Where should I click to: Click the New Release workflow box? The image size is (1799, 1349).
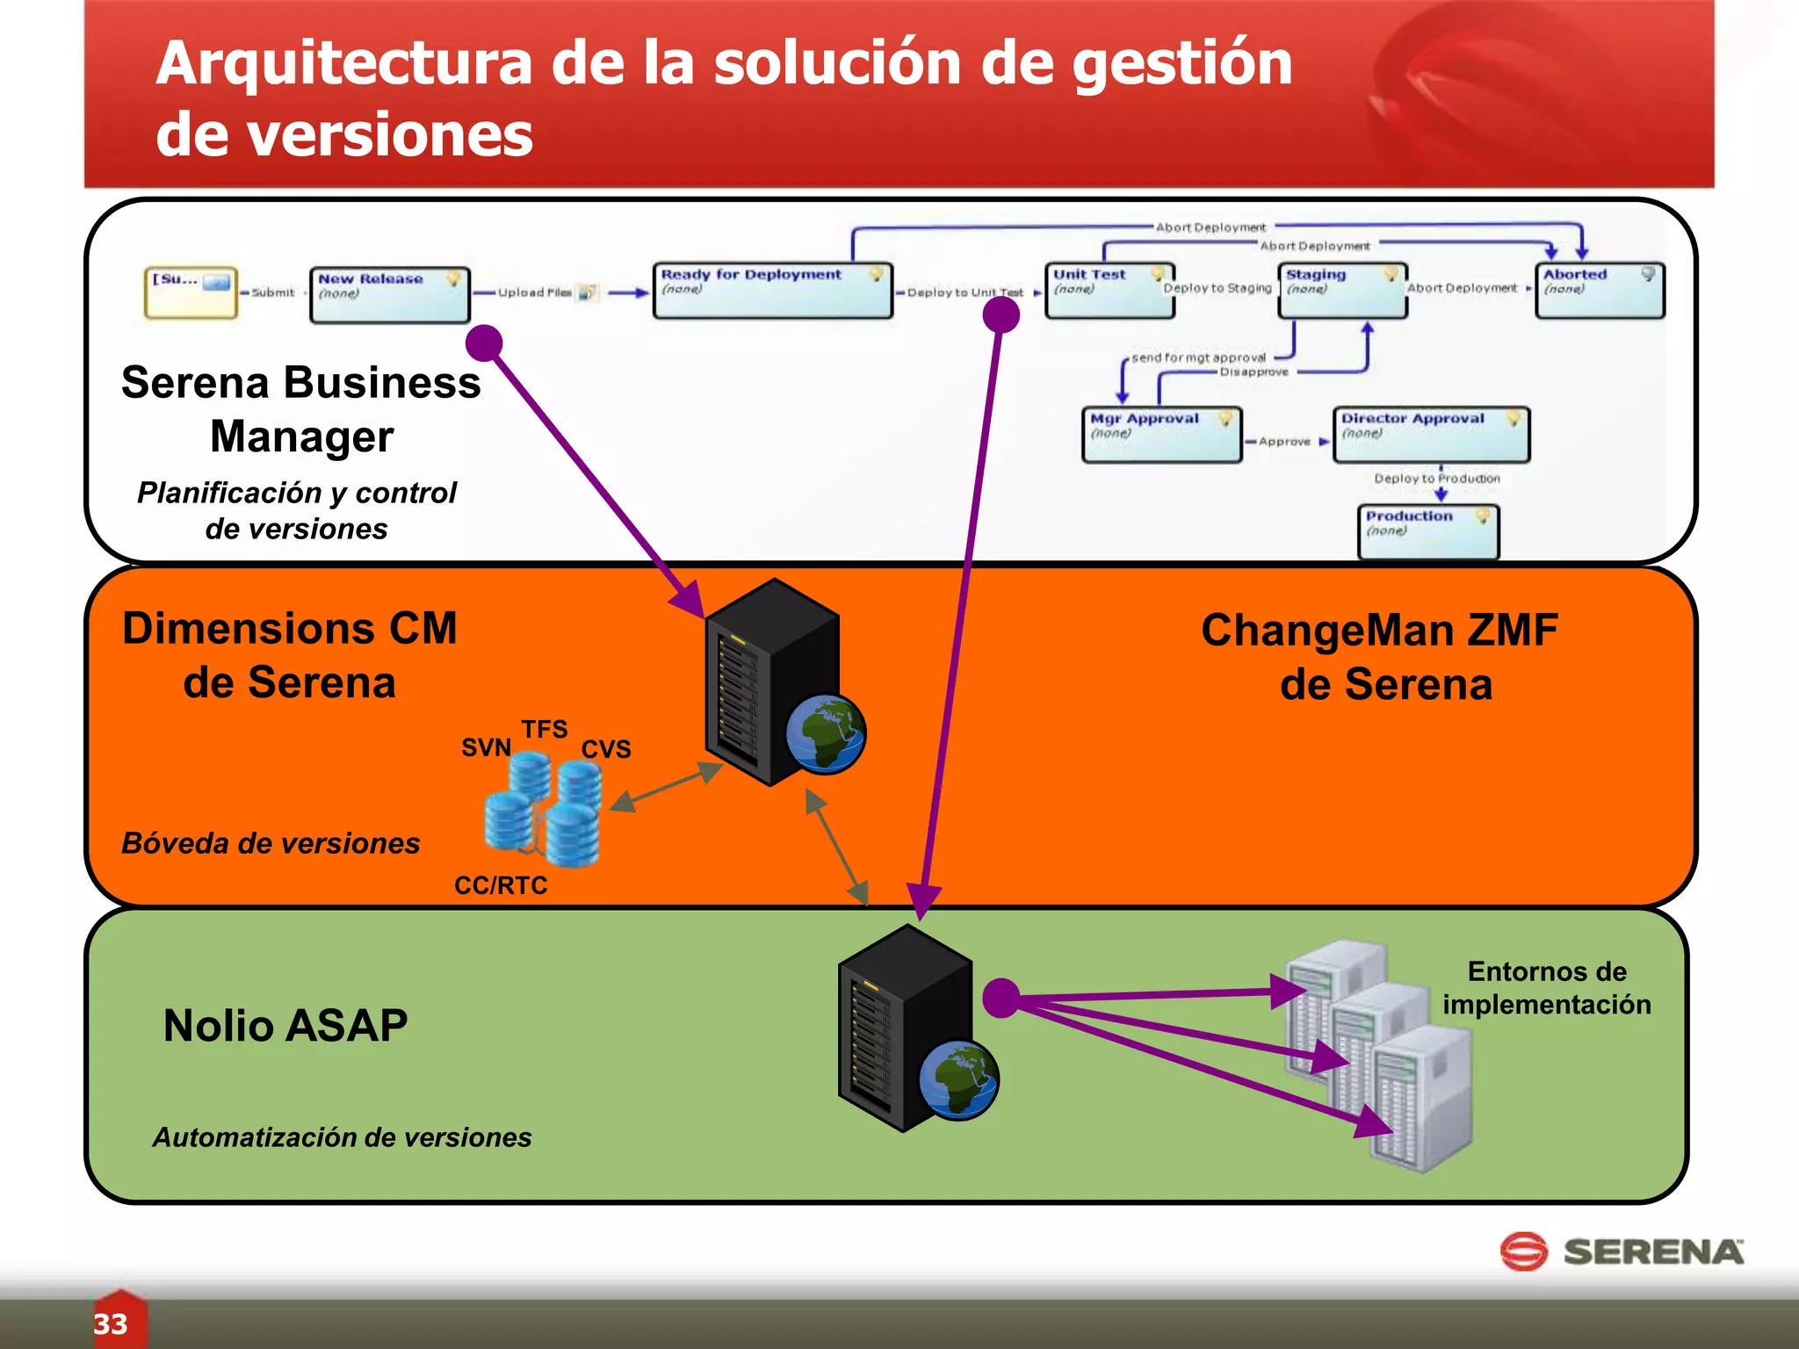(390, 295)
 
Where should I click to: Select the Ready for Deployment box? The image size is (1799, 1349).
(772, 291)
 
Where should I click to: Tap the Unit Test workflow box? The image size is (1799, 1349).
(1109, 291)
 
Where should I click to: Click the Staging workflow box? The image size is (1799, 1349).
(1342, 291)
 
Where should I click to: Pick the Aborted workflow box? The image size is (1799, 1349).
(1600, 291)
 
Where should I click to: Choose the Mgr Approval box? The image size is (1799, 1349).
(1161, 434)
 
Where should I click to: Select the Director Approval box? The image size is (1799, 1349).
(1431, 434)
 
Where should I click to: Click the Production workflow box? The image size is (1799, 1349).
(1428, 531)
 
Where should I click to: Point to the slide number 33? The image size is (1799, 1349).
(111, 1324)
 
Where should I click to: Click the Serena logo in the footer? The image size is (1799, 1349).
(1622, 1252)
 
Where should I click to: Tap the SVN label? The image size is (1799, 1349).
(486, 747)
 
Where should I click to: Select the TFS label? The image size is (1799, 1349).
(545, 729)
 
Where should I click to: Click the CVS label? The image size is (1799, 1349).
(606, 749)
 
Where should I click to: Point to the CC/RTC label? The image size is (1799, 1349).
(501, 885)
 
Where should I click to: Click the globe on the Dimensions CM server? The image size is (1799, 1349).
(826, 734)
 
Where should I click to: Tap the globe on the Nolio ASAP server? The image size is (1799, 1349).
(958, 1079)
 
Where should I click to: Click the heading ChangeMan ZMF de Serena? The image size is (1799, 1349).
(1381, 657)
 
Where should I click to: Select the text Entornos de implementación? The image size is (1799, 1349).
(1547, 988)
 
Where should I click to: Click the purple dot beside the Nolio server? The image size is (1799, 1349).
(1001, 999)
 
